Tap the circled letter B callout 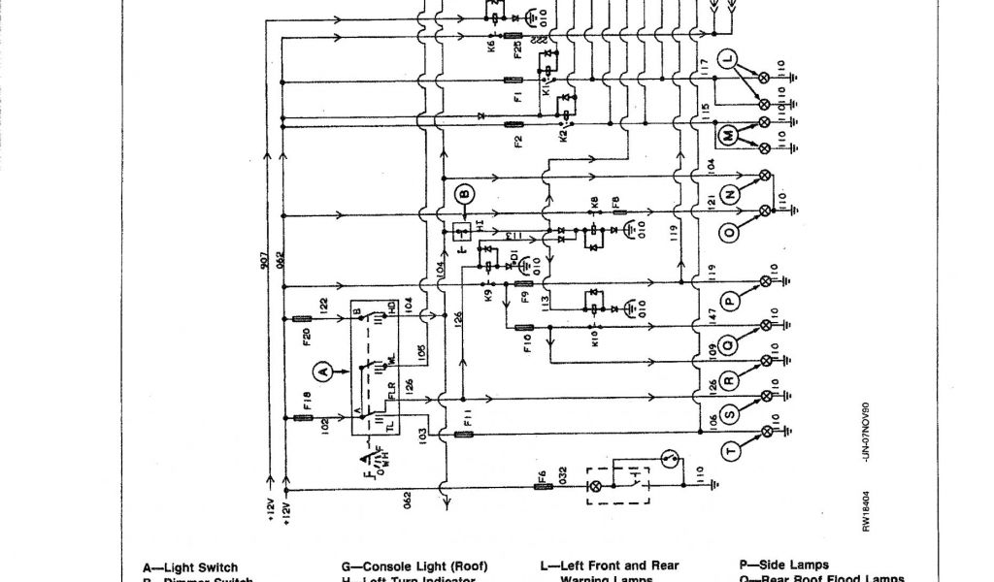(464, 194)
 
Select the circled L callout (730, 60)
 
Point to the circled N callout (730, 193)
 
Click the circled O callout (730, 231)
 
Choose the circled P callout (730, 301)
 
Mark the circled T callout (730, 449)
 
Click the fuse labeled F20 (301, 318)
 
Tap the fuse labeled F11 (464, 435)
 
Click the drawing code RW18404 (866, 510)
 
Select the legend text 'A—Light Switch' (190, 566)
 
